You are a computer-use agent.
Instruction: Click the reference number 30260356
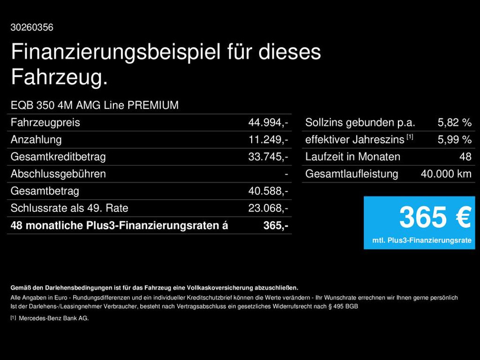coord(32,28)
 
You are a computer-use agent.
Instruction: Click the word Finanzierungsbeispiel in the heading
coord(115,52)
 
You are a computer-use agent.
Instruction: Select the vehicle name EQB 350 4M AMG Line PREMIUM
coord(95,105)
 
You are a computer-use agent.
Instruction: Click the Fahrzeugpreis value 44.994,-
coord(268,123)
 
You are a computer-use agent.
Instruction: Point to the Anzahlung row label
coord(36,140)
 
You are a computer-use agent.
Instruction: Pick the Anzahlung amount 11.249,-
coord(268,140)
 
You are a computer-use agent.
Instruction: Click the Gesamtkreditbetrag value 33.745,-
coord(268,157)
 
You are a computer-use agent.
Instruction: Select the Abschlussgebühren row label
coord(58,174)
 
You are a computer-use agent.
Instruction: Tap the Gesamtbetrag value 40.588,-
coord(268,191)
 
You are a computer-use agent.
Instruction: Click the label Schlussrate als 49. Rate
coord(69,208)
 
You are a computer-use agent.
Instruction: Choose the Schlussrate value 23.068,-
coord(268,208)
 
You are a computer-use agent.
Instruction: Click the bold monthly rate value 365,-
coord(275,225)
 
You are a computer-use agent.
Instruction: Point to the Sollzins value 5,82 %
coord(454,123)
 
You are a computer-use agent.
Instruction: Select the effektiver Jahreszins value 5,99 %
coord(454,140)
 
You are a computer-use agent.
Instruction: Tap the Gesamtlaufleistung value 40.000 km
coord(446,174)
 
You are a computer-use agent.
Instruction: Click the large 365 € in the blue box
coord(435,217)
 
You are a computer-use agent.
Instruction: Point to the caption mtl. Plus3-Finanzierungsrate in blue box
coord(422,240)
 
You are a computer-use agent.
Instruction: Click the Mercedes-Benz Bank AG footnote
coord(53,318)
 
